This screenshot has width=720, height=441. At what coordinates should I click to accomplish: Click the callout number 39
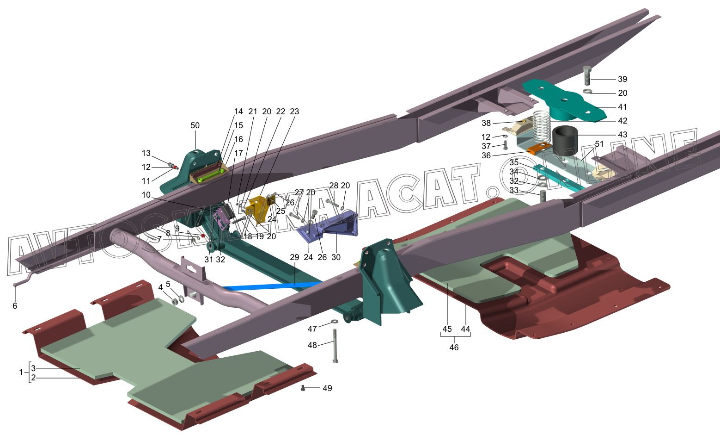point(622,79)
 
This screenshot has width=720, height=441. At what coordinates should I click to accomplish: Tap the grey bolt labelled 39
point(587,76)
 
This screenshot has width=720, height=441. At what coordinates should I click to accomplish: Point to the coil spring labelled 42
point(541,125)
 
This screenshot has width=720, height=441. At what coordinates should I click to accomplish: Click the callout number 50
point(195,125)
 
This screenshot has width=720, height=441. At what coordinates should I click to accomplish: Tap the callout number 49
point(327,388)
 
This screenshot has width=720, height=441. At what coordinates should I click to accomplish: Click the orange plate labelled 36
point(538,149)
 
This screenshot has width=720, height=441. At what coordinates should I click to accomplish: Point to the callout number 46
point(454,348)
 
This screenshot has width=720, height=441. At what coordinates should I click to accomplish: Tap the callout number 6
point(15,306)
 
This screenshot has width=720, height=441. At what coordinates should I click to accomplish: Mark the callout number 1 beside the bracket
point(21,372)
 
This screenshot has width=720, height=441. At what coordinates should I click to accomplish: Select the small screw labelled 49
point(303,388)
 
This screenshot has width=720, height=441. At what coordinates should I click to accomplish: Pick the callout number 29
point(294,257)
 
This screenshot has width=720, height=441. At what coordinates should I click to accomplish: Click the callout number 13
point(146,153)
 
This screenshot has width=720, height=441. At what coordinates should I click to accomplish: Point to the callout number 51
point(599,144)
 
